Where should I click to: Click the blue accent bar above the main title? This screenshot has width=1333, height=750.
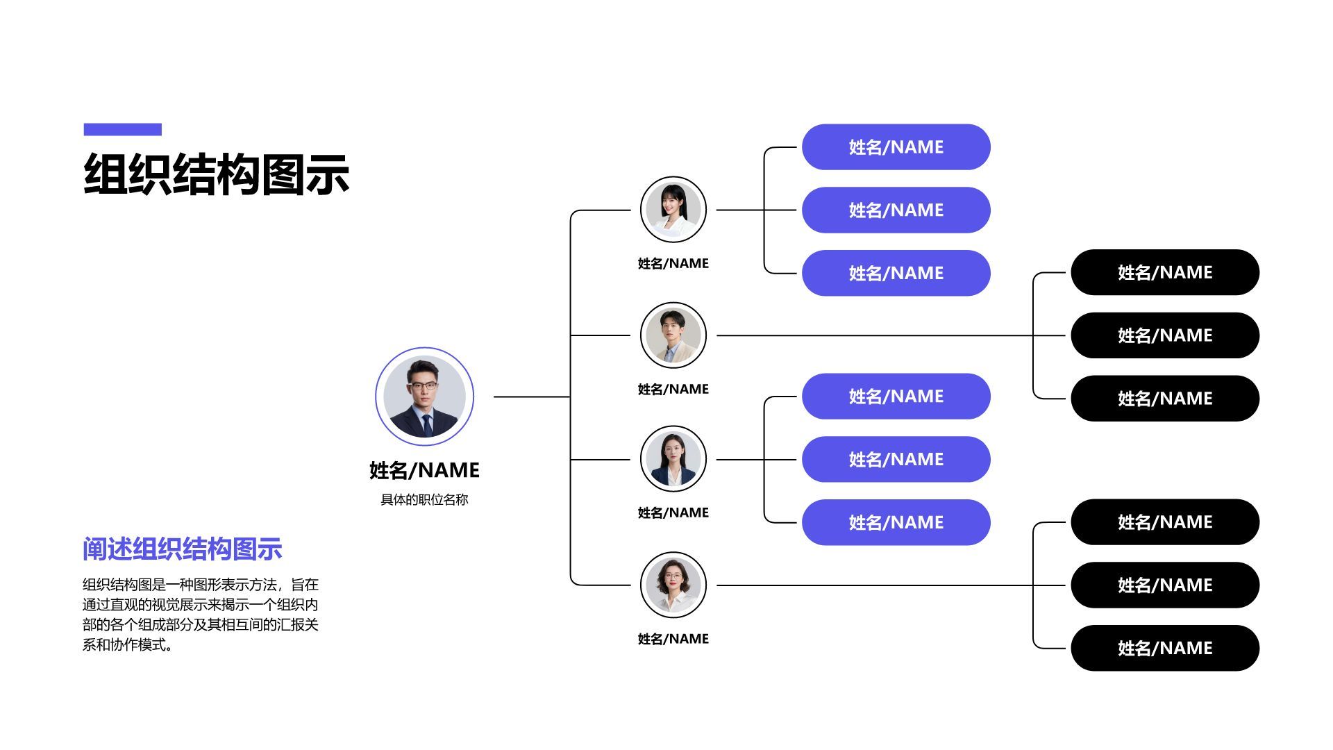pyautogui.click(x=122, y=129)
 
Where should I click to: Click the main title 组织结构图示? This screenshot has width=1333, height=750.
pyautogui.click(x=216, y=174)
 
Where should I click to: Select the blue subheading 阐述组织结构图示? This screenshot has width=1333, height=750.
pyautogui.click(x=182, y=549)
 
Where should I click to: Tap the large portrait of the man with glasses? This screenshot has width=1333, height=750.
pyautogui.click(x=424, y=397)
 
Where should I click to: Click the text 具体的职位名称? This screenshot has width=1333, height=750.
pyautogui.click(x=424, y=499)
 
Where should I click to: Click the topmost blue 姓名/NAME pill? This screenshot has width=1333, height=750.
pyautogui.click(x=896, y=147)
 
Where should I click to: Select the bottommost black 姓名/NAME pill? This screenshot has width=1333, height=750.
pyautogui.click(x=1164, y=648)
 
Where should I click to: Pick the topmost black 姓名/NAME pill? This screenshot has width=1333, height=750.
pyautogui.click(x=1164, y=272)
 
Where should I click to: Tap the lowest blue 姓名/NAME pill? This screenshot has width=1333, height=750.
pyautogui.click(x=896, y=522)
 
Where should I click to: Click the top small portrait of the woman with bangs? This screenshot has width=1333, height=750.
pyautogui.click(x=673, y=210)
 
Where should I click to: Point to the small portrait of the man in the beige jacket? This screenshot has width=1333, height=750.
pyautogui.click(x=673, y=335)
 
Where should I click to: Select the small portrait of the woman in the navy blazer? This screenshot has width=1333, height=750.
pyautogui.click(x=673, y=459)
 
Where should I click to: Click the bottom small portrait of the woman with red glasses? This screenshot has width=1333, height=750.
pyautogui.click(x=673, y=585)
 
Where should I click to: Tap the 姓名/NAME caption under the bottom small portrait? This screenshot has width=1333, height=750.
pyautogui.click(x=673, y=639)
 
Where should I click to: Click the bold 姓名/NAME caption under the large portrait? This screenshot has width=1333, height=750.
pyautogui.click(x=424, y=470)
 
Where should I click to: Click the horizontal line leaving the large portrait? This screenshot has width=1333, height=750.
pyautogui.click(x=531, y=397)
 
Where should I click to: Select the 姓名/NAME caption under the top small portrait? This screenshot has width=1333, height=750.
pyautogui.click(x=673, y=263)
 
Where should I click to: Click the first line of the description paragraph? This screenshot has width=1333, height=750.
pyautogui.click(x=200, y=585)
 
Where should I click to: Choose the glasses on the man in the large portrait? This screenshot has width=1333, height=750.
pyautogui.click(x=423, y=386)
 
